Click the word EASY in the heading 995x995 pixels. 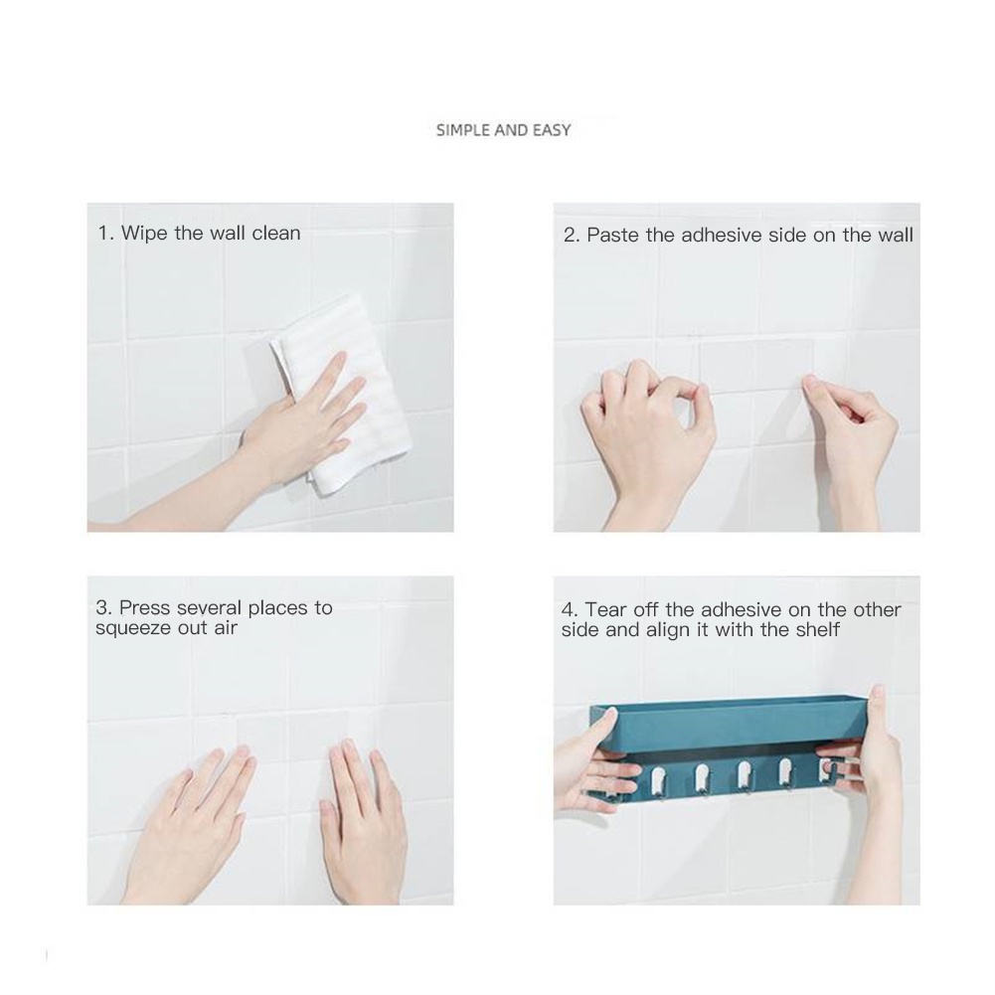(552, 130)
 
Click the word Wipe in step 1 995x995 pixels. (145, 234)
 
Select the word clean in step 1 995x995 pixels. (276, 233)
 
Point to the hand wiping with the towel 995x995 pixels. (279, 437)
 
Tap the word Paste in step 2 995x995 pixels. (613, 235)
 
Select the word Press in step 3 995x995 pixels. (145, 608)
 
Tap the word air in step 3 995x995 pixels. (226, 628)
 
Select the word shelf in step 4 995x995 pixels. (818, 630)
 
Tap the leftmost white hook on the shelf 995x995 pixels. (658, 778)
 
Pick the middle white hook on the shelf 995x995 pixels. (745, 775)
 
